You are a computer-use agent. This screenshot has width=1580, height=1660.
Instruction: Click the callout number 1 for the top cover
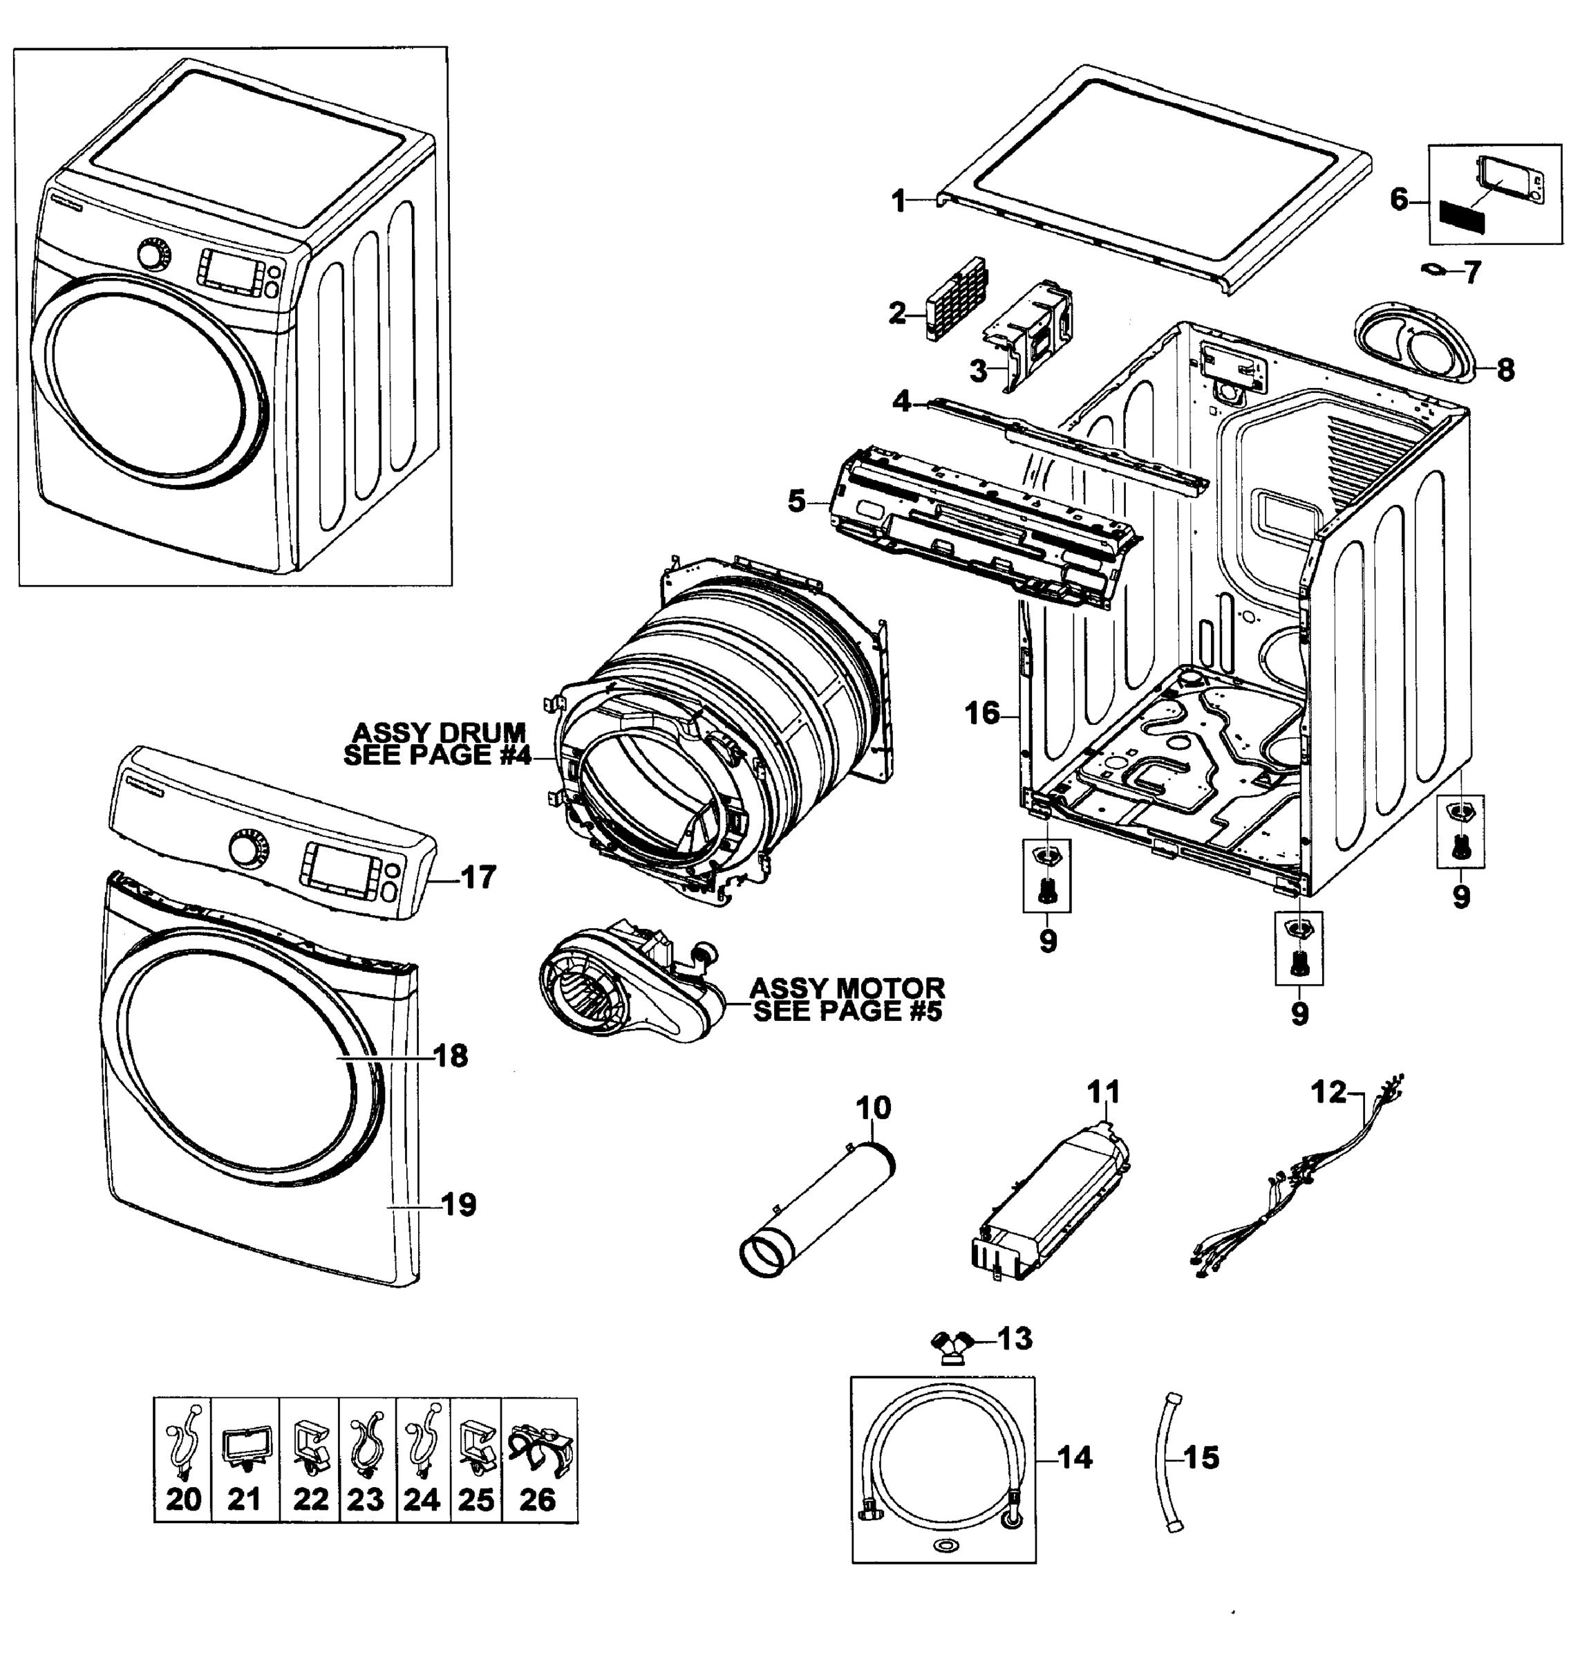pos(899,201)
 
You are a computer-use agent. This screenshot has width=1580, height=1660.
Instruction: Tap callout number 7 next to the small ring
pos(1471,273)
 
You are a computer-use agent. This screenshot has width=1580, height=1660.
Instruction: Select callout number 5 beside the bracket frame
pos(797,501)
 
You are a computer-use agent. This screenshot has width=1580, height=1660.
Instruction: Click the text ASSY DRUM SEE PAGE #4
pos(438,744)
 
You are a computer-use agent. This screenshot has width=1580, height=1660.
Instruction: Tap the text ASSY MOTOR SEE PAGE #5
pos(847,999)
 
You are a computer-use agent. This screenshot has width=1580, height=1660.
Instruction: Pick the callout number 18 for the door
pos(451,1055)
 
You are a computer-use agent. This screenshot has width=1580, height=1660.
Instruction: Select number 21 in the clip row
pos(244,1500)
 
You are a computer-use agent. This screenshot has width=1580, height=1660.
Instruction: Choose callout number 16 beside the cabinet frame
pos(981,713)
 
